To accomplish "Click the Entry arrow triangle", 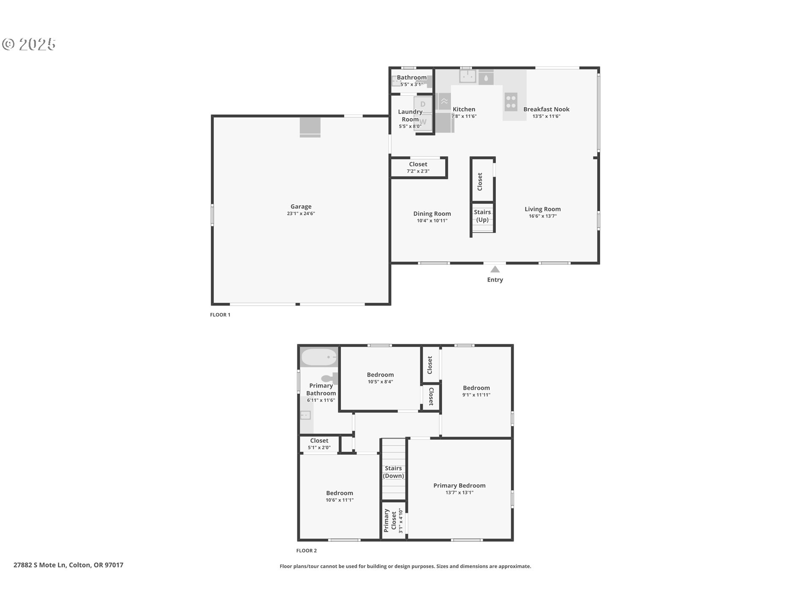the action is coord(495,269).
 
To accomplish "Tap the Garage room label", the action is coord(301,206).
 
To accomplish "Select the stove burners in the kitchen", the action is coord(511,102).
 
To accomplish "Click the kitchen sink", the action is coord(468,76).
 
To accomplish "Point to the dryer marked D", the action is coord(423,104).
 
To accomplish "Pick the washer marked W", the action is coord(423,122).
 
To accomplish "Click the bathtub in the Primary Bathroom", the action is coord(319,357).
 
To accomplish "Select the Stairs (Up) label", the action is coord(482,216).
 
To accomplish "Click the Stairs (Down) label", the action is coord(393,472).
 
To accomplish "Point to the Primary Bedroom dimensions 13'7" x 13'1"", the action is coord(460,492).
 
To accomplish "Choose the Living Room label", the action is coord(543,209).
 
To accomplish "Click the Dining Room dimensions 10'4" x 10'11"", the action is coord(432,220).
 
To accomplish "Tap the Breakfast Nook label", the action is coord(547,109).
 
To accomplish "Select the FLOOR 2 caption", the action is coord(306,551).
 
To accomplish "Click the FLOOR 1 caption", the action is coord(220,315).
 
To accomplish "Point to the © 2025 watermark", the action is coord(29,44).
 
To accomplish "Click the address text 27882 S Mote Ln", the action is coord(40,565).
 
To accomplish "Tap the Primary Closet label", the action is coord(390,520).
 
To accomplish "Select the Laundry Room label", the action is coord(410,115).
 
